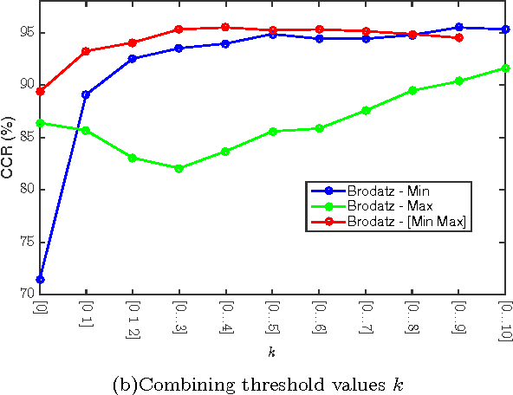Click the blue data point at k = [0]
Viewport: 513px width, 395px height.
pos(39,279)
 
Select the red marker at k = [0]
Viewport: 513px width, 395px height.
pos(39,91)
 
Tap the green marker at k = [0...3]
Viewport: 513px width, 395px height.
pos(179,168)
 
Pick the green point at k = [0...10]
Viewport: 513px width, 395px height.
pos(505,68)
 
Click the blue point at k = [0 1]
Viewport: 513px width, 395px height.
pos(86,94)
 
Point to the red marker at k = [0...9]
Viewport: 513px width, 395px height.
pos(458,37)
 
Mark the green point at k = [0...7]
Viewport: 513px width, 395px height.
pos(366,110)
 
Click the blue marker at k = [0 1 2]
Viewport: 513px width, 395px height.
pos(133,58)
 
